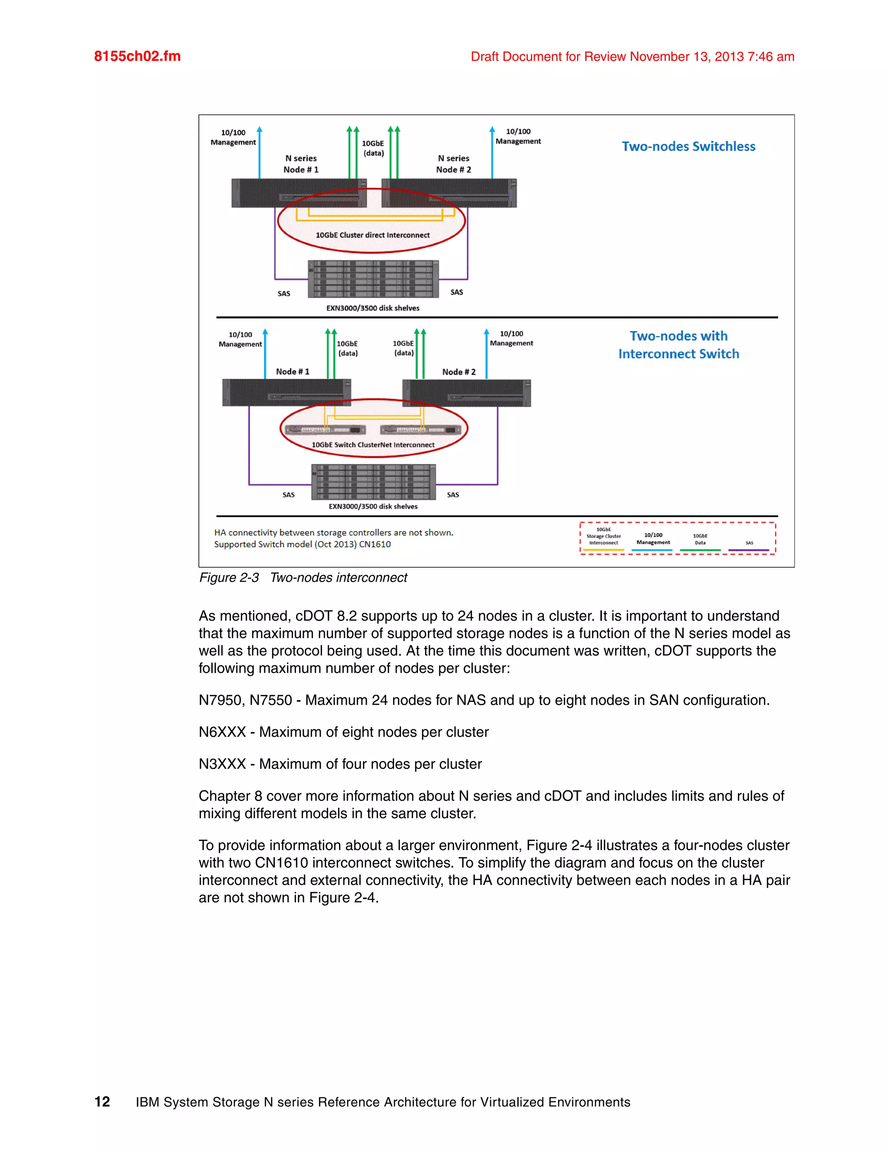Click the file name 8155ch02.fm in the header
(137, 56)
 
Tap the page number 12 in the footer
(102, 1101)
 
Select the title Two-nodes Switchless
(688, 146)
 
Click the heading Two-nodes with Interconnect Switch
(678, 345)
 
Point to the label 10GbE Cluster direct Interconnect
(372, 235)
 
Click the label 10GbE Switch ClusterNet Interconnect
(373, 445)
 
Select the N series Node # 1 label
(301, 164)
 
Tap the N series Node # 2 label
(454, 164)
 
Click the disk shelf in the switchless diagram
(373, 279)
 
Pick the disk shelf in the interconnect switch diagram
(373, 482)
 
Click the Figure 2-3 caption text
(303, 578)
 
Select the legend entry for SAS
(749, 543)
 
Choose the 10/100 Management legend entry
(653, 539)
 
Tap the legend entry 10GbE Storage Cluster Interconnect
(603, 536)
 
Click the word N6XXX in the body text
(222, 732)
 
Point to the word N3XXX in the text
(222, 764)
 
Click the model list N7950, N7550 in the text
(245, 700)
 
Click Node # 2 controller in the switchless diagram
(449, 193)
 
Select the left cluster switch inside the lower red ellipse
(325, 430)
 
